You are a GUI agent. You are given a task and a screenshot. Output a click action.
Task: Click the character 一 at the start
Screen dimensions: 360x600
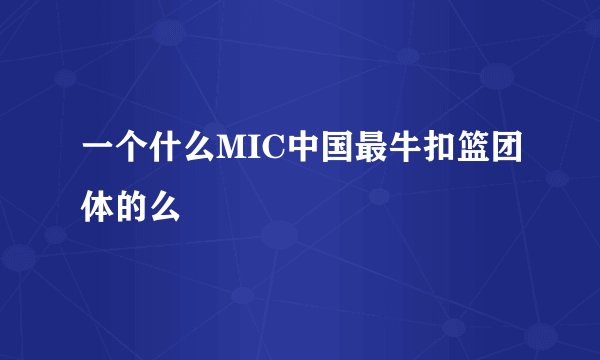click(x=97, y=149)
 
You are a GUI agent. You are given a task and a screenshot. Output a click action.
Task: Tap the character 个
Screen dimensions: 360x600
click(x=131, y=149)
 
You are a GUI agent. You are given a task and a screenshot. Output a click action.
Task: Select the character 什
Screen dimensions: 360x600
click(x=163, y=149)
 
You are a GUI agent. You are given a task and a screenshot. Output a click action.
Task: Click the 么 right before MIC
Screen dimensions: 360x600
click(x=195, y=149)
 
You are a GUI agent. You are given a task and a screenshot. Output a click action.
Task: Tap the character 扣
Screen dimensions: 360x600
click(x=433, y=149)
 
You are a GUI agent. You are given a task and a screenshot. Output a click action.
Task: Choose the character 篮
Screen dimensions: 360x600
click(x=467, y=149)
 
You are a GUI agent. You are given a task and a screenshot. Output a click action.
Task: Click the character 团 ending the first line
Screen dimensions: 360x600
click(x=501, y=149)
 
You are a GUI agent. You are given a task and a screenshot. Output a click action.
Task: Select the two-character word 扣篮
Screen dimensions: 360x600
click(x=450, y=149)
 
